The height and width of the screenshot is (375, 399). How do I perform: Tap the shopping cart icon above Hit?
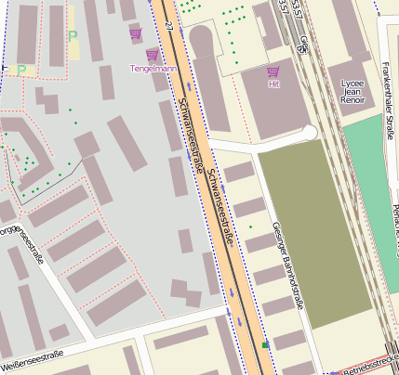pyautogui.click(x=273, y=71)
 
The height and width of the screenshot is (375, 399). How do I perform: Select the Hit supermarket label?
pyautogui.click(x=273, y=84)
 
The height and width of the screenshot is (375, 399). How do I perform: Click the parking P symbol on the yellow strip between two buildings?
pyautogui.click(x=73, y=36)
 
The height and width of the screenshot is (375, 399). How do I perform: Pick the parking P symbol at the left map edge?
pyautogui.click(x=21, y=70)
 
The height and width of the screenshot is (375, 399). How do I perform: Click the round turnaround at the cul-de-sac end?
pyautogui.click(x=308, y=134)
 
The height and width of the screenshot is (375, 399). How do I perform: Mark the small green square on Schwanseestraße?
pyautogui.click(x=265, y=345)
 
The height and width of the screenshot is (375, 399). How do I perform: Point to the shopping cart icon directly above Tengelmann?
pyautogui.click(x=152, y=56)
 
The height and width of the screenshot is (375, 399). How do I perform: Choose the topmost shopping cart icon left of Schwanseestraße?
pyautogui.click(x=137, y=33)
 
